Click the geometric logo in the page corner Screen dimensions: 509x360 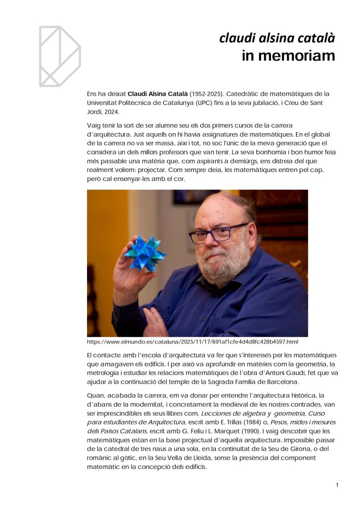pyautogui.click(x=60, y=56)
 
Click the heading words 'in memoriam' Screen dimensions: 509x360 pyautogui.click(x=288, y=56)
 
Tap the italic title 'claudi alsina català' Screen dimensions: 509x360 pyautogui.click(x=277, y=38)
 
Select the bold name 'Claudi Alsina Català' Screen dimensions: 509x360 pyautogui.click(x=157, y=94)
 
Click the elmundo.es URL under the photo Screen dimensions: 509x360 pyautogui.click(x=192, y=341)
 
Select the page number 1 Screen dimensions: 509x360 pyautogui.click(x=337, y=485)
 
